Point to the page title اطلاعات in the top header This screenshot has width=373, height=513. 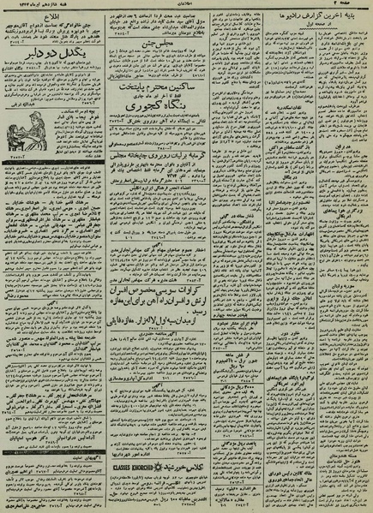coord(184,5)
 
